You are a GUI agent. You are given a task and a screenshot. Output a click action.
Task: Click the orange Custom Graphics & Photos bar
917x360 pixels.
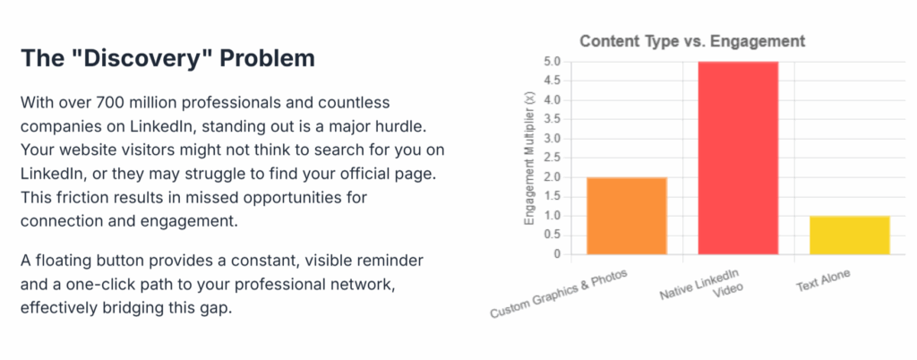click(626, 216)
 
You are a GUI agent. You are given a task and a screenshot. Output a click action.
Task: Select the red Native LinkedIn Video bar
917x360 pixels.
click(738, 158)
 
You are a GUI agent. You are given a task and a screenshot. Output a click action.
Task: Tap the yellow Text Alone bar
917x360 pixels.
click(850, 235)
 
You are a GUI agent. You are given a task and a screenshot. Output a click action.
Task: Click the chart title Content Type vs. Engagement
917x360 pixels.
click(692, 41)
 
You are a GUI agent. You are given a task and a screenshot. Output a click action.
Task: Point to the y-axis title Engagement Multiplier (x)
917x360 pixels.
click(529, 159)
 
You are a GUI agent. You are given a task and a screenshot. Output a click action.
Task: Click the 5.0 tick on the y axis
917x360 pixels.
click(553, 62)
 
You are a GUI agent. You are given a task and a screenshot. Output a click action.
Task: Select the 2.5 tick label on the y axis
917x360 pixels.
click(553, 158)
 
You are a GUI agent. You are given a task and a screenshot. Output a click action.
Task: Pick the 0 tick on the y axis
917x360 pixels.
click(557, 255)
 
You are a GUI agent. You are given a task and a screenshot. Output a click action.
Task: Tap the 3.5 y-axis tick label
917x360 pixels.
click(553, 119)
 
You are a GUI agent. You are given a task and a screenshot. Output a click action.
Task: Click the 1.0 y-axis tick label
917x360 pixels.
click(553, 216)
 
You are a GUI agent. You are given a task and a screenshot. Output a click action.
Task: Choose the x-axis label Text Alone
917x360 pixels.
click(823, 281)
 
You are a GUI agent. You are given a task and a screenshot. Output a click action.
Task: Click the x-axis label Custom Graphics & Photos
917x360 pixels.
click(559, 294)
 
